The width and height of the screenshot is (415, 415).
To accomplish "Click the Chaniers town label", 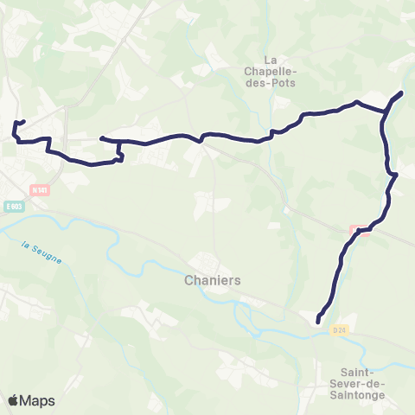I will point(212,281).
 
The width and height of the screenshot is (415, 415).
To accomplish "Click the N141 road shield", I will point(39,190).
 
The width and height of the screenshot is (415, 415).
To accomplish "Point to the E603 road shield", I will point(13,206).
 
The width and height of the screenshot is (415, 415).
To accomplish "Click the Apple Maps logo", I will point(31,400).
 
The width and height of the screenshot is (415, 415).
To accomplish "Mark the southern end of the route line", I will point(318,322).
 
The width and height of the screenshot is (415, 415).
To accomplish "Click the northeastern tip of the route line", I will point(402,92).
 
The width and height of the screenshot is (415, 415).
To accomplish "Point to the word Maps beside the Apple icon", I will point(38,400).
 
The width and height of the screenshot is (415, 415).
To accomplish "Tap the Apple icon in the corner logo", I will point(13,399).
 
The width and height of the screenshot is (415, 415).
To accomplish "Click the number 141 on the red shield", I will point(41,190).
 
